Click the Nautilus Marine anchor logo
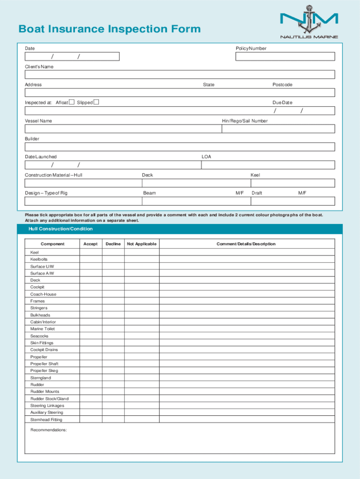tap(309, 21)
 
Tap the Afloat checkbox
tap(72, 102)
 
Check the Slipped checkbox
tap(96, 102)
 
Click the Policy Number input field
tap(285, 57)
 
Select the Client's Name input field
tap(180, 74)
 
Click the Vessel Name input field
tap(122, 129)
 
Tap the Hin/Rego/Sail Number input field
tap(278, 129)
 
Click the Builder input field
tap(180, 147)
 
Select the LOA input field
tap(268, 165)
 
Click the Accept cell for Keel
tap(91, 252)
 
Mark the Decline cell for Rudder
tap(113, 385)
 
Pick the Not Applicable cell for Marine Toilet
tap(142, 329)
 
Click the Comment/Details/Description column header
tap(246, 244)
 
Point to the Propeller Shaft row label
tap(44, 363)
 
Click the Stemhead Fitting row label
tap(46, 420)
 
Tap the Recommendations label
tap(49, 430)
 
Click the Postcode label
tap(282, 85)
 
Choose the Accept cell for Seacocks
tap(91, 336)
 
